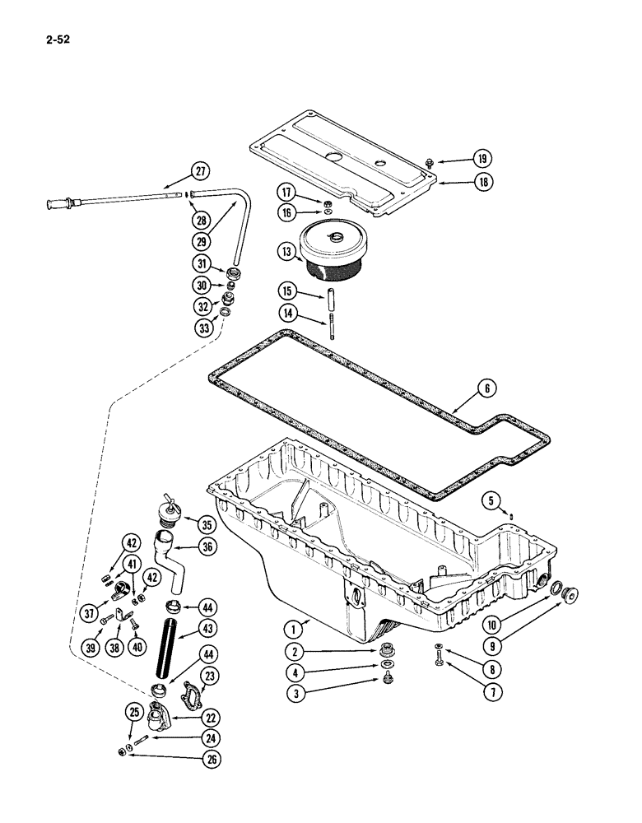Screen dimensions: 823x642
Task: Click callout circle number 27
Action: point(200,172)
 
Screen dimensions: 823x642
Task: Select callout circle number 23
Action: point(210,676)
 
